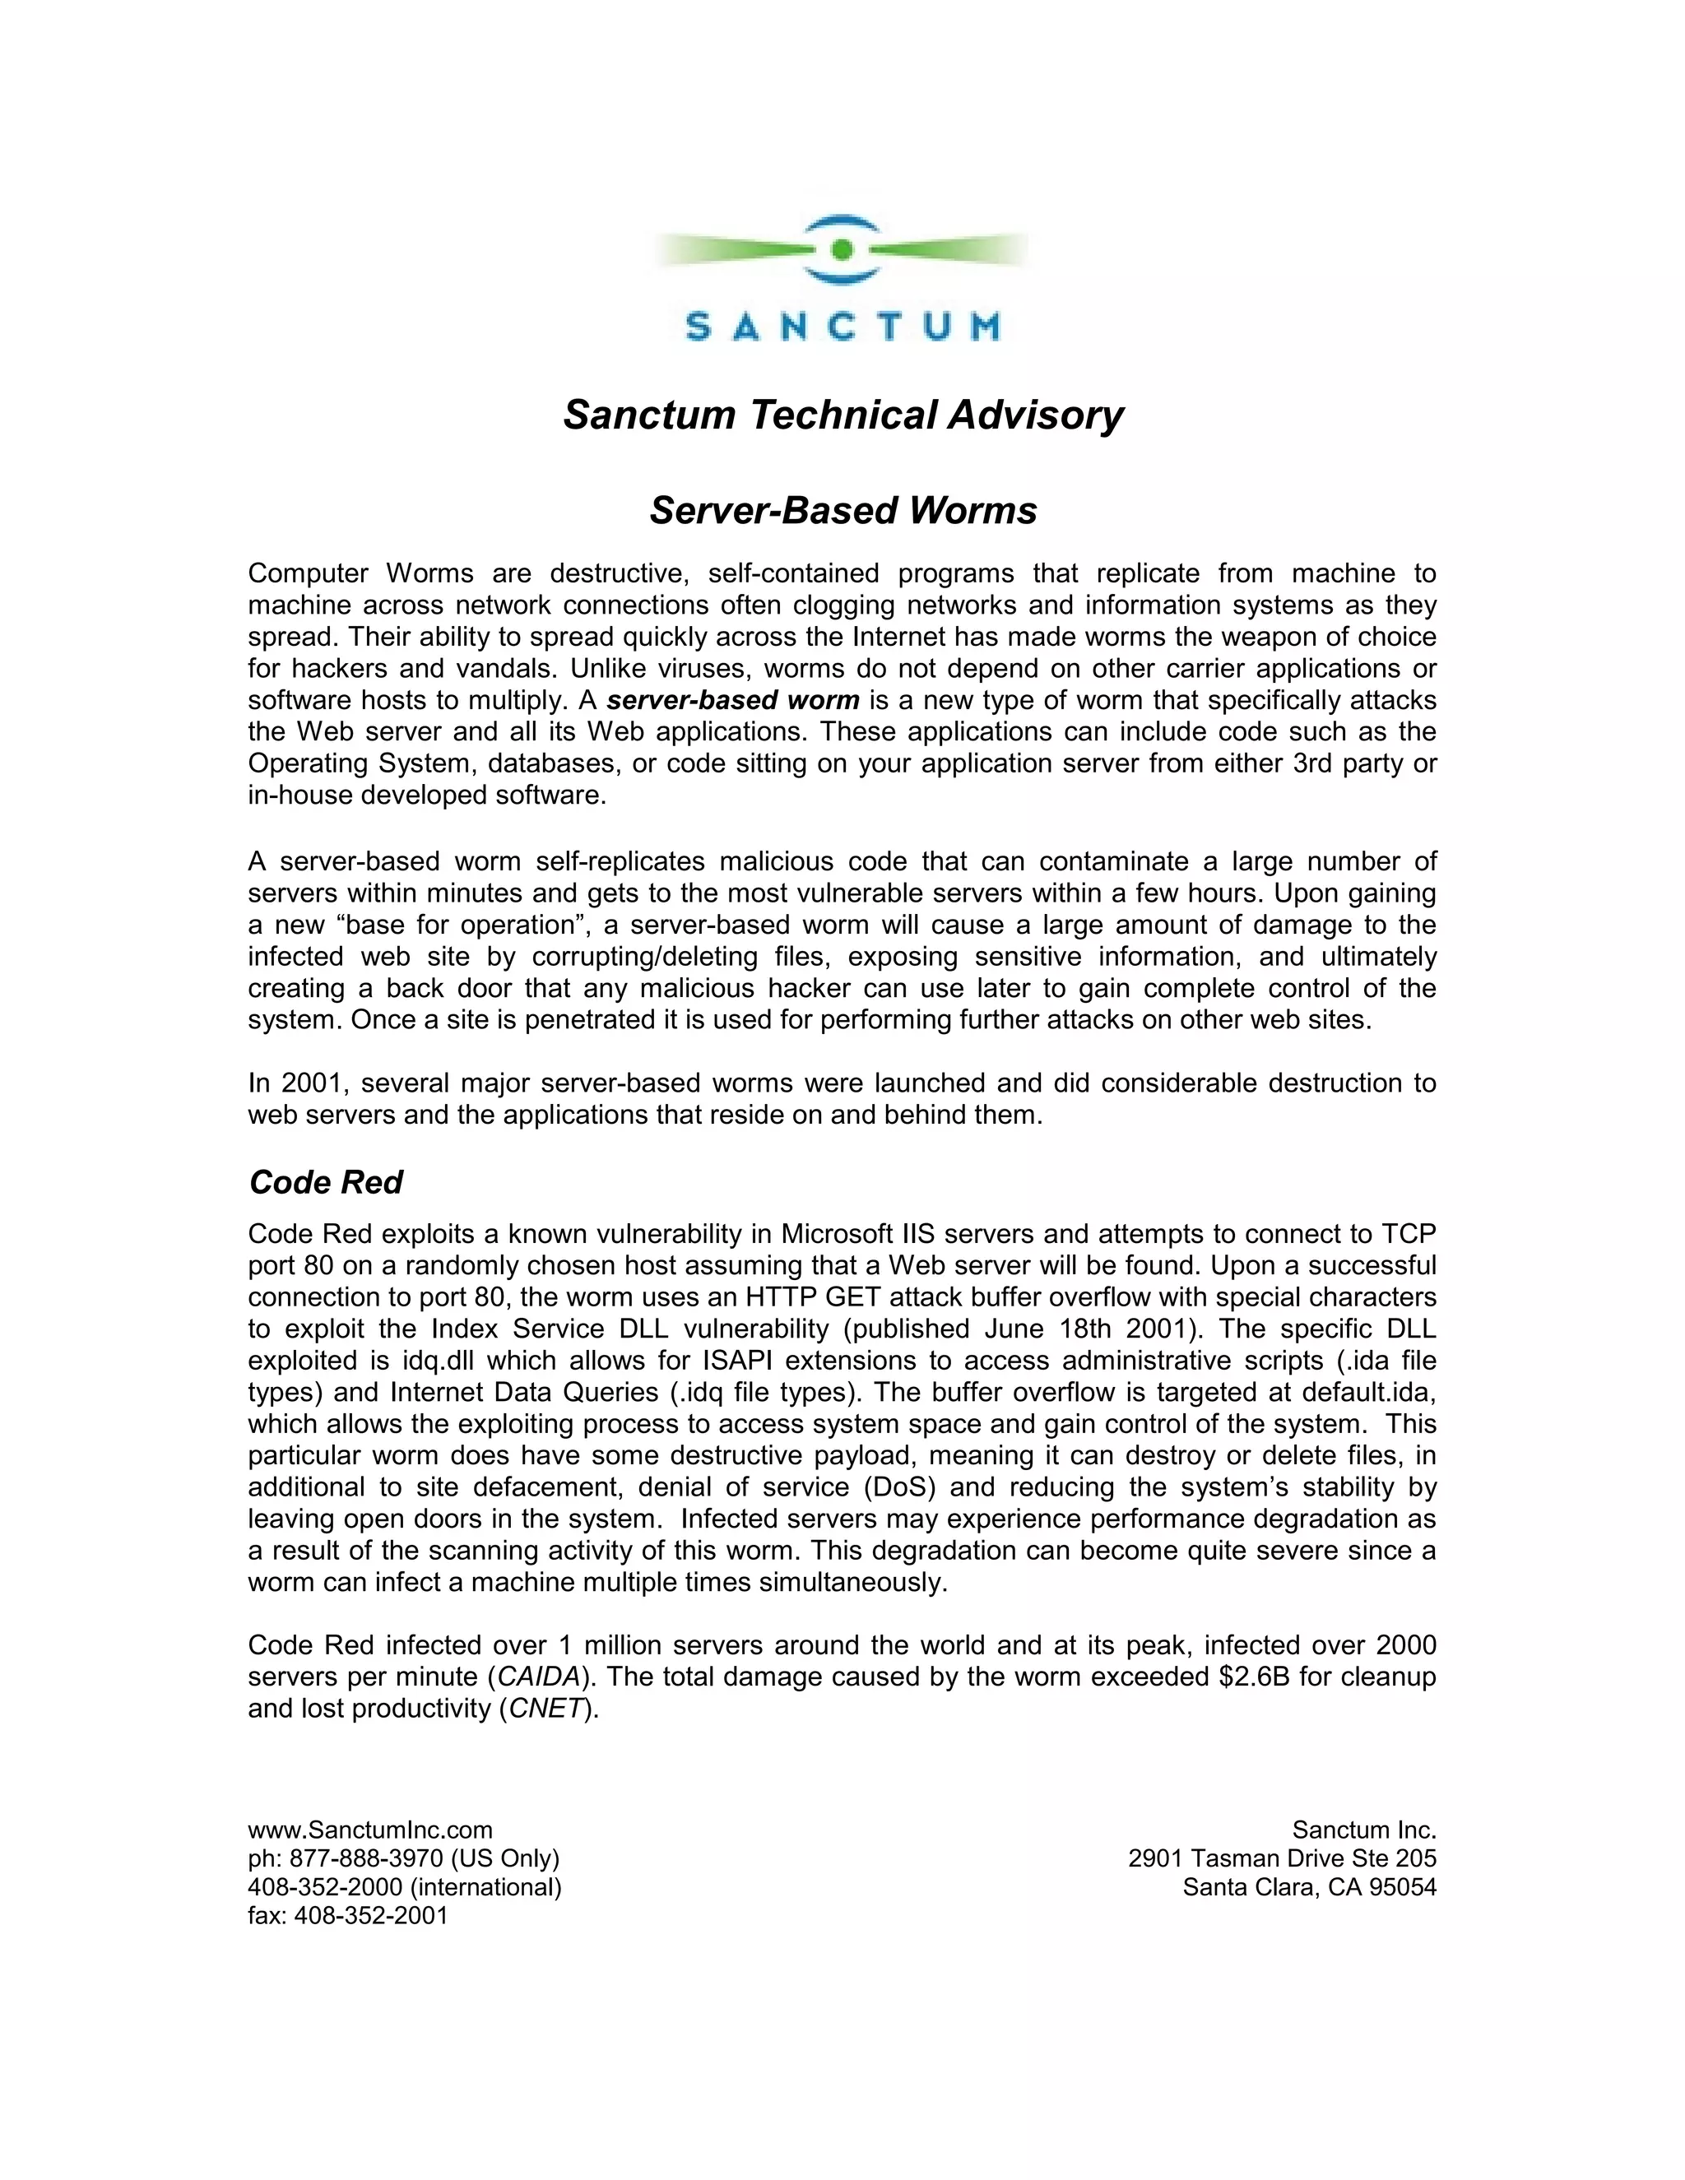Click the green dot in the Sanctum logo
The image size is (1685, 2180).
click(x=841, y=248)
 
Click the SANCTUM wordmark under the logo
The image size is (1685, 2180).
click(x=842, y=327)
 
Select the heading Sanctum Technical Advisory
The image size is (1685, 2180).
click(x=842, y=415)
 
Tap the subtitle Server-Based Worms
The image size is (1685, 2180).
click(x=842, y=510)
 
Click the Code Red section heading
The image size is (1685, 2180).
click(x=326, y=1182)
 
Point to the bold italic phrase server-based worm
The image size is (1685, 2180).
click(x=733, y=700)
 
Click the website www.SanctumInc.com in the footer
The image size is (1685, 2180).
click(x=370, y=1830)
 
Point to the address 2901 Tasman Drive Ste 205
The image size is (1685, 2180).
click(x=1282, y=1858)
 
